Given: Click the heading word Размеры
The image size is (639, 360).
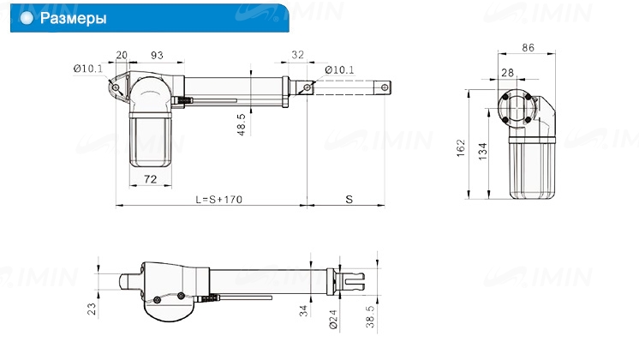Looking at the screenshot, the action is click(x=74, y=18).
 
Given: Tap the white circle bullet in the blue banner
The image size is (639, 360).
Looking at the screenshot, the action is click(x=27, y=18).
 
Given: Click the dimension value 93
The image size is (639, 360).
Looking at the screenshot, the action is click(x=157, y=55).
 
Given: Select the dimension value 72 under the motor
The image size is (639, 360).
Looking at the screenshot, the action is click(x=151, y=179).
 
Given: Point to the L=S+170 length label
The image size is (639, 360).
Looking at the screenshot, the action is click(x=218, y=200).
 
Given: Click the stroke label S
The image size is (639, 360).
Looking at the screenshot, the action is click(x=349, y=200).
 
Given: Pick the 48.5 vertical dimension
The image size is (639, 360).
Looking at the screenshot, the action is click(x=242, y=124).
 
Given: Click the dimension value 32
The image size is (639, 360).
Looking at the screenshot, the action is click(x=297, y=55).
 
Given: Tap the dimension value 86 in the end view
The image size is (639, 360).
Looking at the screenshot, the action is click(x=529, y=48).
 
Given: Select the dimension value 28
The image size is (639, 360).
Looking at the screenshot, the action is click(x=507, y=73).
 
